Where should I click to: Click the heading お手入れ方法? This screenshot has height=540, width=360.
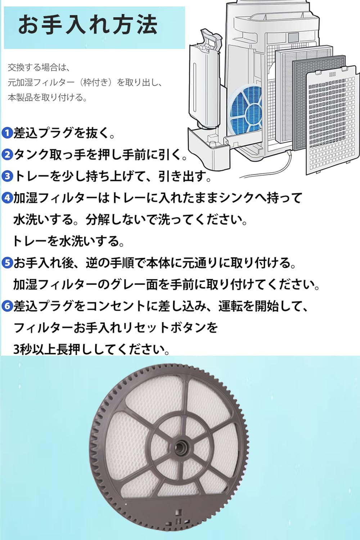[x=88, y=25]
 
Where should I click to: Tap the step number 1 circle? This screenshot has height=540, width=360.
[x=7, y=133]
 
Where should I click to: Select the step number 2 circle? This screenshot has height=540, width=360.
[x=7, y=155]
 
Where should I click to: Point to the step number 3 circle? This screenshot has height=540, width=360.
[x=7, y=176]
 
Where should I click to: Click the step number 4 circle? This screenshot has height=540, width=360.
[x=7, y=198]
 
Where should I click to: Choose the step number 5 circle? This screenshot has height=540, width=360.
[x=7, y=263]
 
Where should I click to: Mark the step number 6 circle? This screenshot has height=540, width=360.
[x=7, y=306]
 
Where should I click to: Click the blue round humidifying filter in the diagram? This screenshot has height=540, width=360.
[x=247, y=108]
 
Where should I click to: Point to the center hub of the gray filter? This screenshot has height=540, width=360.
[x=179, y=447]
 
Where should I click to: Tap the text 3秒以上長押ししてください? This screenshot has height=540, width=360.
[x=91, y=349]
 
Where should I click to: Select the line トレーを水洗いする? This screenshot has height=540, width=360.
[x=68, y=241]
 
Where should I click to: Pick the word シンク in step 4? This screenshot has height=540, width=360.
[x=237, y=198]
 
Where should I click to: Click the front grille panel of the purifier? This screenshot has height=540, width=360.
[x=333, y=122]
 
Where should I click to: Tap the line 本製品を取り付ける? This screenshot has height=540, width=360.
[x=48, y=98]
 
